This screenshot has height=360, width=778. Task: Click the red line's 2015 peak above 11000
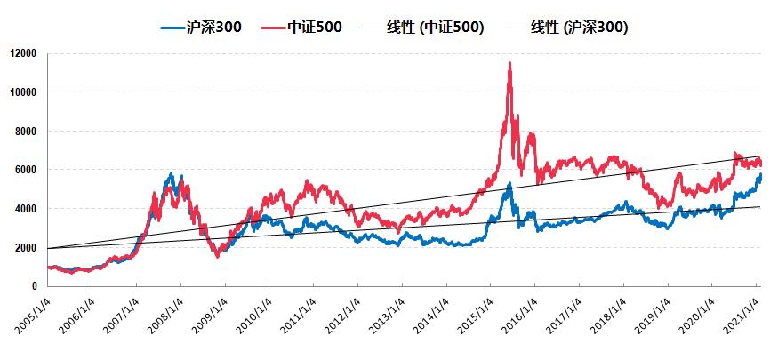[509, 63]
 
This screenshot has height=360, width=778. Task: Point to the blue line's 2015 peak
[509, 184]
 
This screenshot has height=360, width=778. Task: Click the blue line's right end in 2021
[760, 176]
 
